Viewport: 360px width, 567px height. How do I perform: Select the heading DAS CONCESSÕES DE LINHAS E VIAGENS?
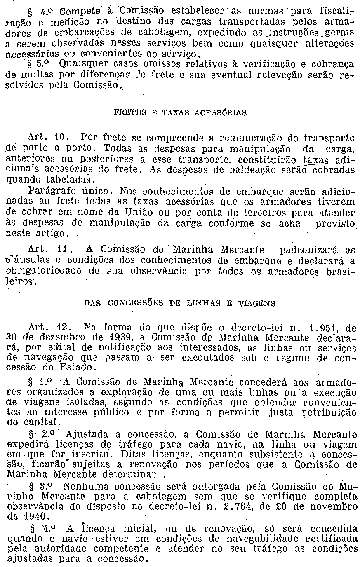(x=180, y=303)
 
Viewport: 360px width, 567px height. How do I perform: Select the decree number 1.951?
(x=326, y=328)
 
